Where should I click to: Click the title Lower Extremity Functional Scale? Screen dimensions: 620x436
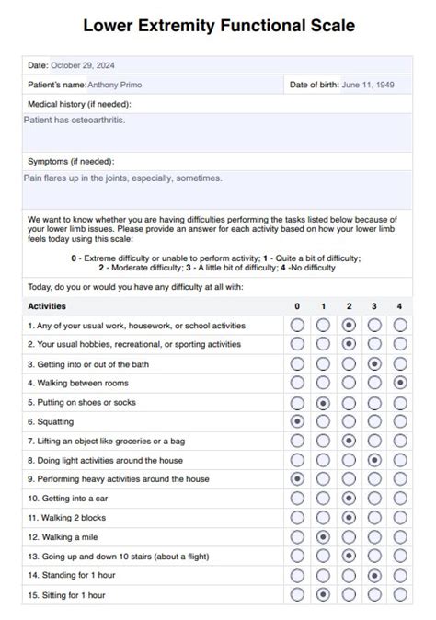click(x=218, y=27)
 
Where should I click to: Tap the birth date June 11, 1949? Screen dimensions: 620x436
click(x=369, y=85)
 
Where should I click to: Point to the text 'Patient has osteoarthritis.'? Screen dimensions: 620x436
click(x=75, y=120)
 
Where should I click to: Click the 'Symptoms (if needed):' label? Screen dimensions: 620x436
click(x=71, y=161)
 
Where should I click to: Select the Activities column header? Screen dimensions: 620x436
click(x=47, y=306)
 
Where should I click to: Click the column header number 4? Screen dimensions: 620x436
click(x=399, y=306)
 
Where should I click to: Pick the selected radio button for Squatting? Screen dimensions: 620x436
click(x=297, y=421)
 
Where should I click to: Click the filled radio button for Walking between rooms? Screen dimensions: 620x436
click(x=399, y=383)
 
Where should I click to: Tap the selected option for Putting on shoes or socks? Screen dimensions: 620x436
click(x=323, y=402)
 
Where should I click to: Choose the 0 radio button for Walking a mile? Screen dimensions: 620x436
click(x=297, y=537)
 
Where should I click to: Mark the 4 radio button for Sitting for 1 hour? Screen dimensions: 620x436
click(x=399, y=595)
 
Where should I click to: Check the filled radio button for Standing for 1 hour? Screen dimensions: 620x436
click(x=374, y=576)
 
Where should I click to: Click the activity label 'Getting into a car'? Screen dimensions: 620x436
click(x=66, y=499)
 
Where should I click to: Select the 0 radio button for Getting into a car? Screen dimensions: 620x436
click(x=297, y=499)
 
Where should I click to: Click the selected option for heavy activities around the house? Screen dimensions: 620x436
click(x=297, y=479)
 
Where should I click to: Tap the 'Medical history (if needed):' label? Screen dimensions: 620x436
click(x=79, y=104)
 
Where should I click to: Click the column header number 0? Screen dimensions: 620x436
click(x=297, y=306)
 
